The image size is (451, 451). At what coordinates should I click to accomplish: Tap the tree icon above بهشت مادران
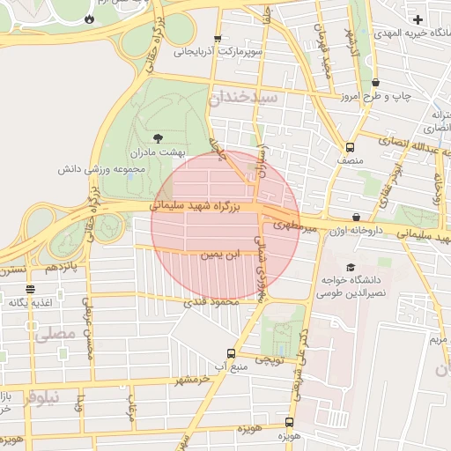pyautogui.click(x=158, y=137)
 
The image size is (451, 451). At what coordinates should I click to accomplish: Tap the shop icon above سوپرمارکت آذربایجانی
pyautogui.click(x=218, y=39)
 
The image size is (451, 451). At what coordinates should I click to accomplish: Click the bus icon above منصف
pyautogui.click(x=350, y=147)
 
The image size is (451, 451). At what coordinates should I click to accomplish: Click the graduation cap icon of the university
pyautogui.click(x=351, y=267)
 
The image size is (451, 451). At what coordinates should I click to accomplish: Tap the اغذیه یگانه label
pyautogui.click(x=31, y=302)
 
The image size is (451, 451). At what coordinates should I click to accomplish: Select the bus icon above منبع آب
pyautogui.click(x=231, y=352)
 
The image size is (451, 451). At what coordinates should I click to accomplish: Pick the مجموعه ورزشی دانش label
pyautogui.click(x=96, y=167)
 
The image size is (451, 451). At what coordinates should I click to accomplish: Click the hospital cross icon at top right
pyautogui.click(x=418, y=18)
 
